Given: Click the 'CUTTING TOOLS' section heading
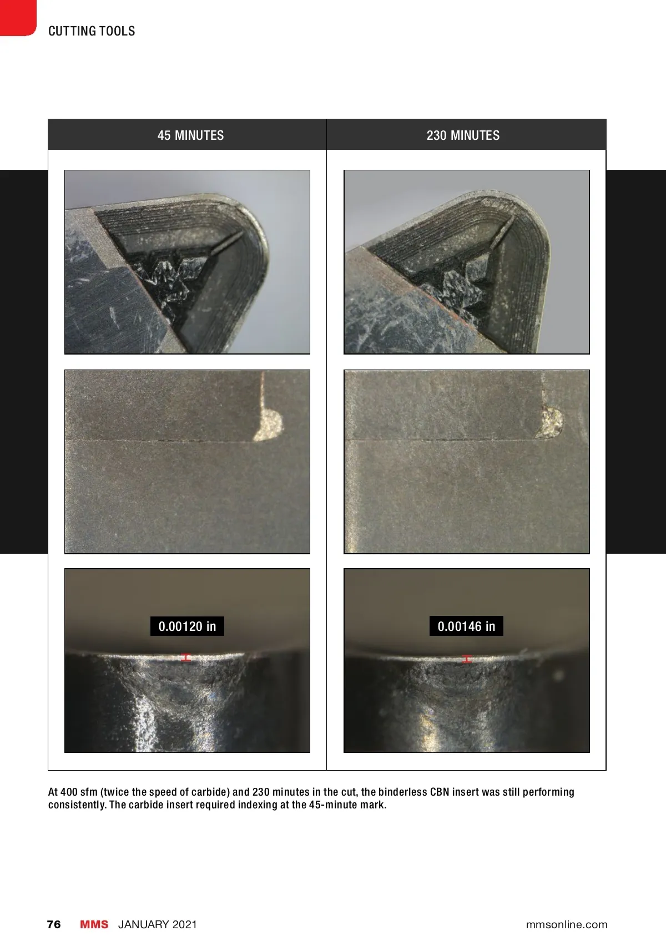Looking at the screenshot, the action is (x=92, y=31).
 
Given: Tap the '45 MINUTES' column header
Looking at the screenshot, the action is (x=191, y=135).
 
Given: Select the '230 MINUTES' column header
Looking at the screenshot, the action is (x=463, y=135).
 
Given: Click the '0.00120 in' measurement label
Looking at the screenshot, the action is (x=188, y=626).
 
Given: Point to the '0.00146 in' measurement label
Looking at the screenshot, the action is (x=466, y=626).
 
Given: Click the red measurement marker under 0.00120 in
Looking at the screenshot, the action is (x=186, y=657).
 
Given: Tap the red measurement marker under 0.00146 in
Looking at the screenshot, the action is (x=467, y=659).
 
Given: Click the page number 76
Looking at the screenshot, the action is (x=54, y=924).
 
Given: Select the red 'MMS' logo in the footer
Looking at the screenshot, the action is (x=94, y=924).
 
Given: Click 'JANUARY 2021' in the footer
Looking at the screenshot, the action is (x=158, y=924).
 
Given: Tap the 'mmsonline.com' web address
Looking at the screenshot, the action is (x=567, y=924).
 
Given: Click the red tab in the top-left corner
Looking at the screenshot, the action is (x=18, y=18).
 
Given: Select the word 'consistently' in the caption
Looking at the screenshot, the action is (x=77, y=805).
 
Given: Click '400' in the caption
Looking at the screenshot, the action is (x=68, y=792).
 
